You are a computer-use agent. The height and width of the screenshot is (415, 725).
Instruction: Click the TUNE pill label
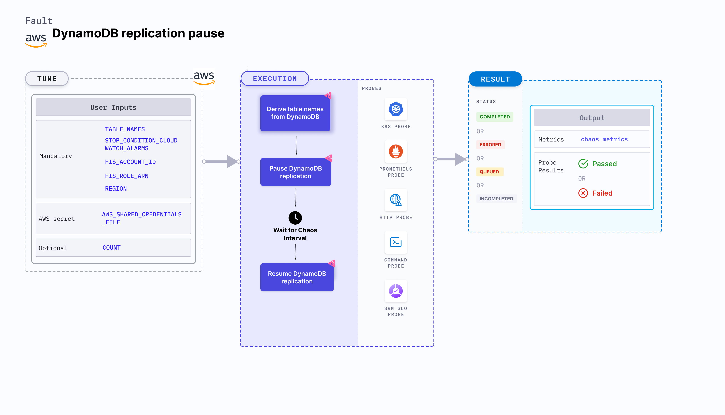click(47, 79)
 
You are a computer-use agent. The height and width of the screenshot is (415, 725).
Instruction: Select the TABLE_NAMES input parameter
click(125, 129)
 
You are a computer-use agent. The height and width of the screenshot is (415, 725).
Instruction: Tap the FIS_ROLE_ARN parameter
click(126, 176)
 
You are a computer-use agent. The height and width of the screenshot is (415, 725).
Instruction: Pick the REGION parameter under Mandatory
click(116, 188)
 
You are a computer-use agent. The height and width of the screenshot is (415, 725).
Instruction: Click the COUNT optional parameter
click(111, 247)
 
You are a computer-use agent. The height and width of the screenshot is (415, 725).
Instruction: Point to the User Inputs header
click(113, 107)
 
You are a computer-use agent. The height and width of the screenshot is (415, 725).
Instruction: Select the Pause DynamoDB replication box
click(295, 172)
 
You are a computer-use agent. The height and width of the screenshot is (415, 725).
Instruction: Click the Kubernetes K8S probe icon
click(396, 109)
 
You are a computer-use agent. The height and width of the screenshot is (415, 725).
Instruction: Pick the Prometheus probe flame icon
click(396, 151)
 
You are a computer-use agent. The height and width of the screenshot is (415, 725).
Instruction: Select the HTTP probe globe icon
click(396, 200)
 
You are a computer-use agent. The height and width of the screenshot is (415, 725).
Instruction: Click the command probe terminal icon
click(396, 242)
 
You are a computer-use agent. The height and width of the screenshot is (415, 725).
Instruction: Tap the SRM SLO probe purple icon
click(396, 291)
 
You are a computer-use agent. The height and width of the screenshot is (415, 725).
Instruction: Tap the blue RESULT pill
click(495, 79)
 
